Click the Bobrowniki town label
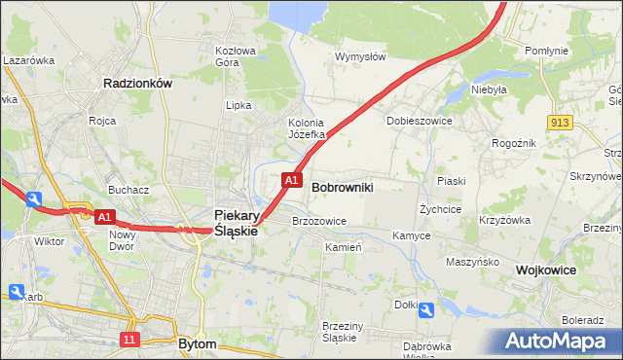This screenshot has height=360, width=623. pyautogui.click(x=343, y=186)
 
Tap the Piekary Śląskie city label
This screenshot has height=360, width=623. pyautogui.click(x=236, y=223)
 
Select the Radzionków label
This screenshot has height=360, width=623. pyautogui.click(x=137, y=85)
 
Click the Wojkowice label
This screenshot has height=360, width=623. pyautogui.click(x=547, y=270)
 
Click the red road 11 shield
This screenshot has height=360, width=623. pyautogui.click(x=128, y=339)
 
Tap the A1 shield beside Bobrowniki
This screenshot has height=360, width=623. pyautogui.click(x=290, y=180)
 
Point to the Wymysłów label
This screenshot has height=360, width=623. pyautogui.click(x=361, y=56)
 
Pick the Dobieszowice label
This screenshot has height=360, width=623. pyautogui.click(x=420, y=122)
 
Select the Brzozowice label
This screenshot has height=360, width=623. pyautogui.click(x=319, y=221)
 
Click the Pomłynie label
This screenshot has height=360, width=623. pyautogui.click(x=545, y=50)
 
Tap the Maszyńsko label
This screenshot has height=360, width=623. pyautogui.click(x=472, y=263)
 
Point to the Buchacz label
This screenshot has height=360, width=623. pyautogui.click(x=128, y=190)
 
